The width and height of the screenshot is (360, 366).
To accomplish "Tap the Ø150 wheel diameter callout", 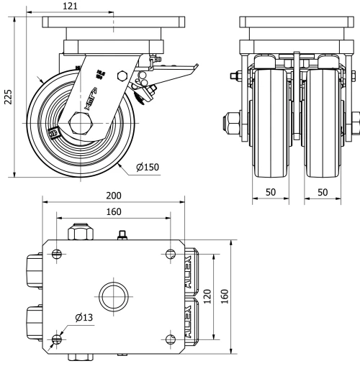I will (148, 169).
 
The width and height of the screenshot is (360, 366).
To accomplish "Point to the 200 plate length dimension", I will (114, 196).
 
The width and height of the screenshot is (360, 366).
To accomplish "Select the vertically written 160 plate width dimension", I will (225, 296).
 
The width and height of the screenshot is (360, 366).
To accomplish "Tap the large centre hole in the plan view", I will (113, 296).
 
